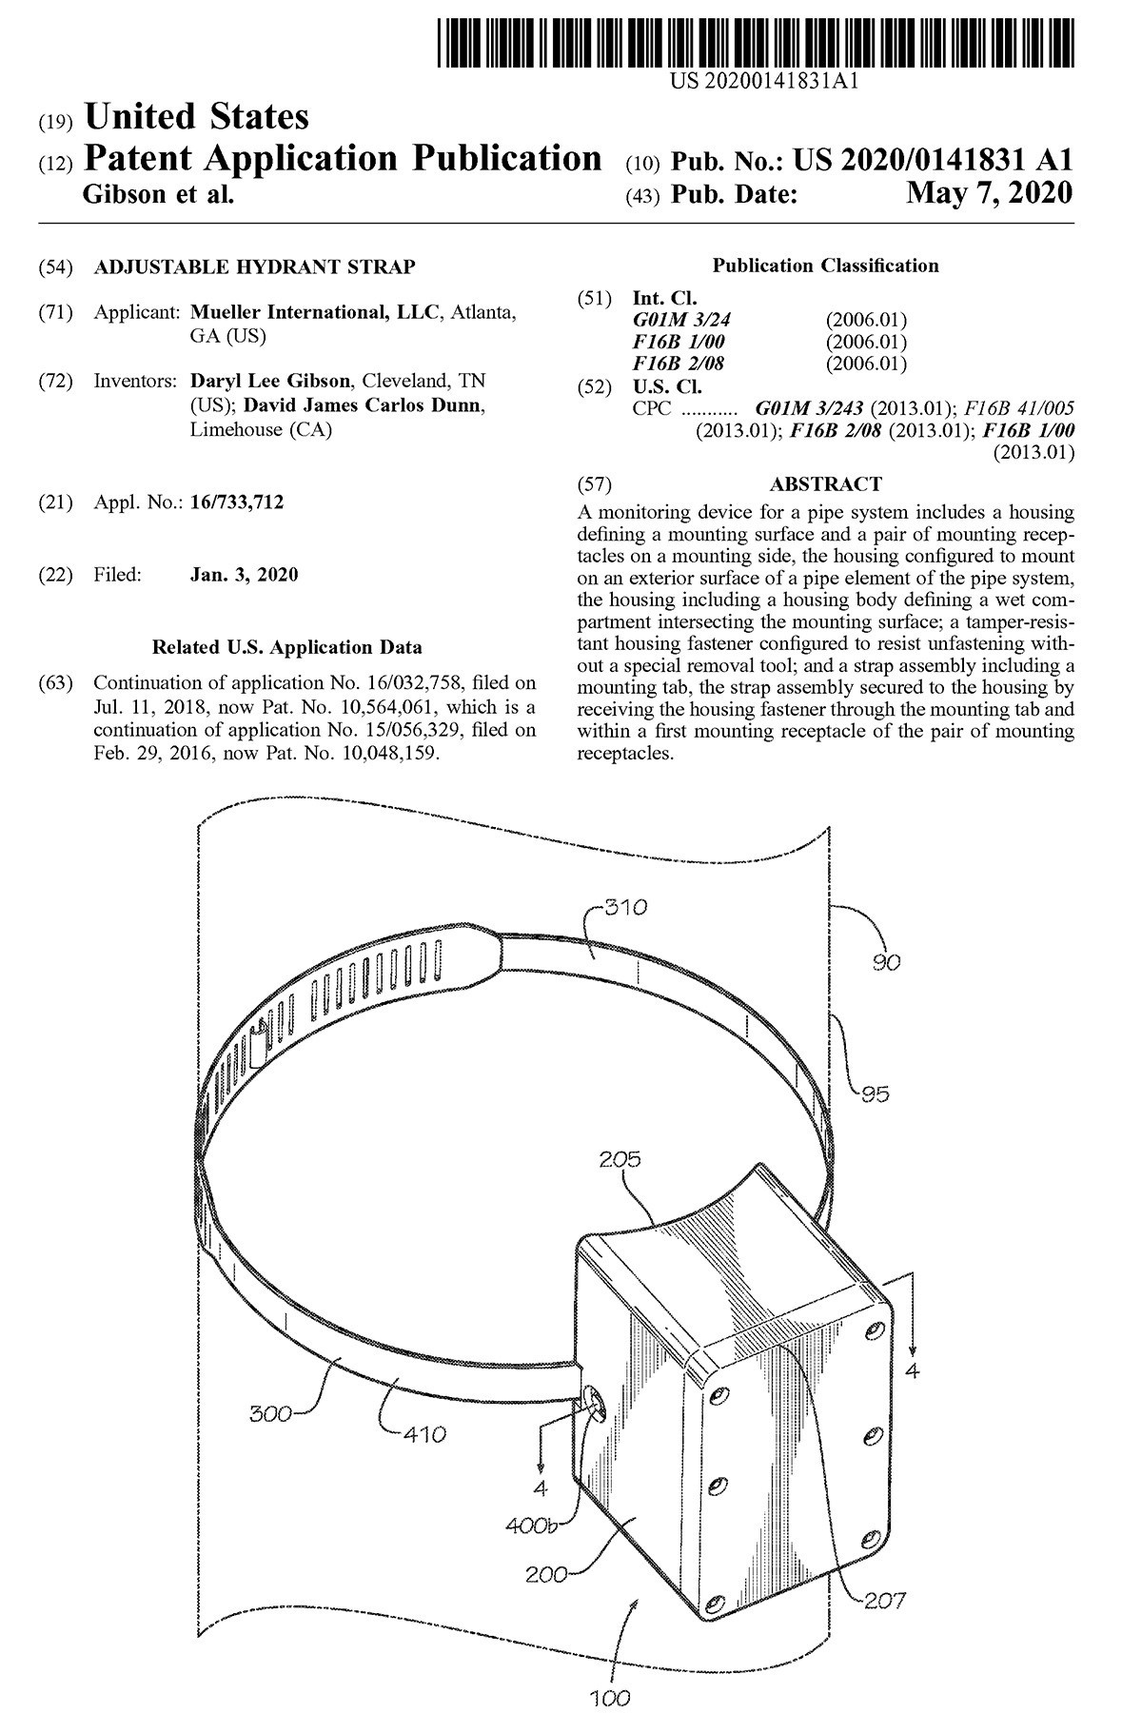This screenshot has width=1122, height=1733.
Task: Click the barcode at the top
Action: coord(758,35)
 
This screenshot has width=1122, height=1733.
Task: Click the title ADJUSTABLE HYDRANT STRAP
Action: coord(254,267)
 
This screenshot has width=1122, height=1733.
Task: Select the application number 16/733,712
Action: coord(237,502)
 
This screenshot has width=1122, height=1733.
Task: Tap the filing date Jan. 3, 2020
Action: coord(245,575)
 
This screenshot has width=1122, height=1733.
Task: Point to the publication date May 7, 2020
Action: coord(989,194)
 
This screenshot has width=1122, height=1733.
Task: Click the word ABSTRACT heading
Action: coord(825,484)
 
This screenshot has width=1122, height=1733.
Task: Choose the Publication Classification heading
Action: coord(825,266)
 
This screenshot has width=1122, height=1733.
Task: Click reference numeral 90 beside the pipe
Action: coord(887,962)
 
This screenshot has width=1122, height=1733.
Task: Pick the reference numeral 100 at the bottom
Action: coord(609,1697)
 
